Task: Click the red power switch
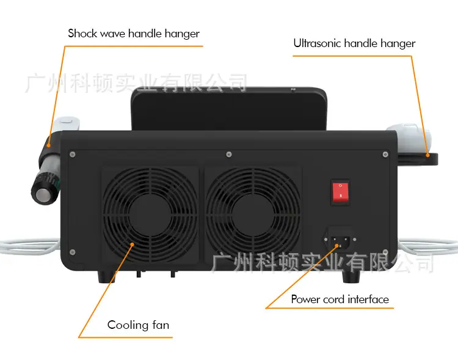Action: (x=340, y=192)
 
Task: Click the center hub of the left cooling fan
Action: (x=150, y=216)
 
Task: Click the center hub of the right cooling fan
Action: (x=253, y=216)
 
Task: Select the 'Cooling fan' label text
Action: (x=138, y=325)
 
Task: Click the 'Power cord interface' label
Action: (x=340, y=299)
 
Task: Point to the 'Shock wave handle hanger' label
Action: (x=134, y=34)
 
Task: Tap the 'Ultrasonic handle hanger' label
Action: (x=354, y=43)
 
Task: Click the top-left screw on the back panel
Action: (x=73, y=155)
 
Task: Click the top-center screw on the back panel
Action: (x=229, y=155)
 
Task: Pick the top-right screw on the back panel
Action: (x=385, y=155)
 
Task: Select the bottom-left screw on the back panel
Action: (x=73, y=252)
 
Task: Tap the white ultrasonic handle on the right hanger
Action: (x=409, y=134)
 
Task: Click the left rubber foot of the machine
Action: (x=106, y=277)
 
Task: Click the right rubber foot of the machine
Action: (x=351, y=277)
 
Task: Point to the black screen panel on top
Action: (x=229, y=109)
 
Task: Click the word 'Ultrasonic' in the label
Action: (x=318, y=43)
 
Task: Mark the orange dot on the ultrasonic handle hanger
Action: (x=427, y=155)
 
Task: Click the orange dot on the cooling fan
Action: (x=133, y=244)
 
